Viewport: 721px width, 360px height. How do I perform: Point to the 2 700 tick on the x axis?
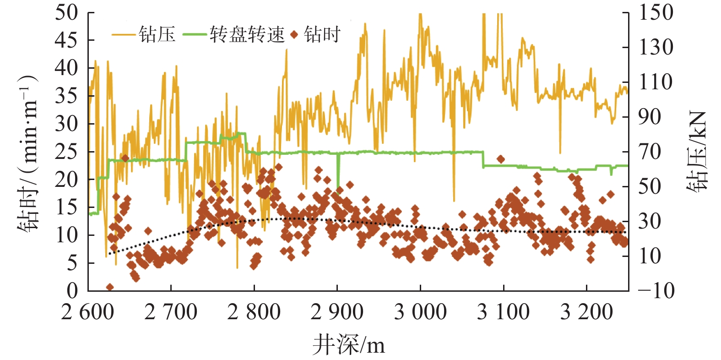pos(171,312)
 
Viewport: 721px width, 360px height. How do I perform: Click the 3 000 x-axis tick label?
pos(420,312)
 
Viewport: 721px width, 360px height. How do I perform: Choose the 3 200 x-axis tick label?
pos(586,312)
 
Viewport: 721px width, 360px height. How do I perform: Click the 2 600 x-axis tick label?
pos(87,312)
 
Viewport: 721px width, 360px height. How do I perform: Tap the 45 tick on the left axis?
pos(66,40)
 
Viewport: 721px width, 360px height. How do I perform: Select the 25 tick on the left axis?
pos(66,152)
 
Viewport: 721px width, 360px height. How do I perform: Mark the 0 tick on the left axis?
pos(72,290)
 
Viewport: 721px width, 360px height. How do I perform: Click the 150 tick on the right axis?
pos(656,12)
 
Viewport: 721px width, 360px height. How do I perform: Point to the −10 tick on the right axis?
pos(656,290)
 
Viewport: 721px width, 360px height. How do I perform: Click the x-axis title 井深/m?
pos(349,344)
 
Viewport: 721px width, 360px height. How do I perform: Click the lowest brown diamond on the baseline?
pos(110,287)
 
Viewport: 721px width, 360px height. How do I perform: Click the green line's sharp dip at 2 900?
pos(338,185)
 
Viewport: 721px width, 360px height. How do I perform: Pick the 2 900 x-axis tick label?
pos(337,312)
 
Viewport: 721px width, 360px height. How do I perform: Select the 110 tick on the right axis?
pos(656,82)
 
